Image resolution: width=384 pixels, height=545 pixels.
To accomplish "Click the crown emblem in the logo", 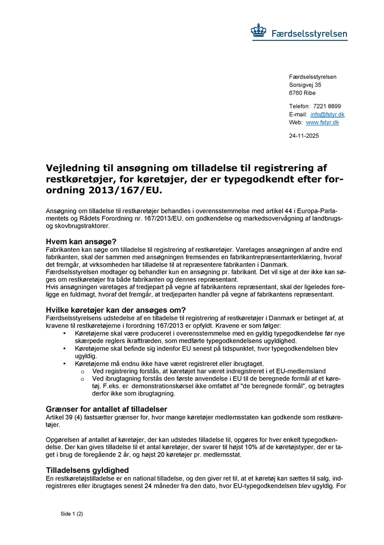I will point(259,31).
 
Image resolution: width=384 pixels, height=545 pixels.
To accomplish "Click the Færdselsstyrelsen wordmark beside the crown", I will point(309,34).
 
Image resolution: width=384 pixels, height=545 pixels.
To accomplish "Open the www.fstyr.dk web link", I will point(322,122).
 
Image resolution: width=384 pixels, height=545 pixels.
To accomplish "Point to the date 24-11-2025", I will point(303,135).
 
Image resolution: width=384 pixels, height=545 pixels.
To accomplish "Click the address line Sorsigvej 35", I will point(305,85).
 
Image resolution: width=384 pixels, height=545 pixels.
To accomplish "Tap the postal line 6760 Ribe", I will point(302,93).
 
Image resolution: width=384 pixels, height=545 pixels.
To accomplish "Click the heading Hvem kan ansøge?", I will point(81,241).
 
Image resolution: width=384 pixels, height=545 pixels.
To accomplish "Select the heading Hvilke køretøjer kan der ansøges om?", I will point(116,310).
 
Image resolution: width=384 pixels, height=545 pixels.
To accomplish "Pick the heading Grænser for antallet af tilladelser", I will point(106,409).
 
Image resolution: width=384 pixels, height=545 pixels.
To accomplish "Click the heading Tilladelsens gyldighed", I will point(87,470).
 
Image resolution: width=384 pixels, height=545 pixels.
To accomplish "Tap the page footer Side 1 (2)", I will point(71,514).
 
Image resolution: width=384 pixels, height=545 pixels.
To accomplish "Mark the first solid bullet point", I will point(64,333).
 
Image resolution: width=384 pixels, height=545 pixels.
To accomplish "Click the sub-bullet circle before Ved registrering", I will point(82,371).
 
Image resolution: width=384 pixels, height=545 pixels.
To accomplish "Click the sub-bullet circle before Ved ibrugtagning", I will point(82,379).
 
